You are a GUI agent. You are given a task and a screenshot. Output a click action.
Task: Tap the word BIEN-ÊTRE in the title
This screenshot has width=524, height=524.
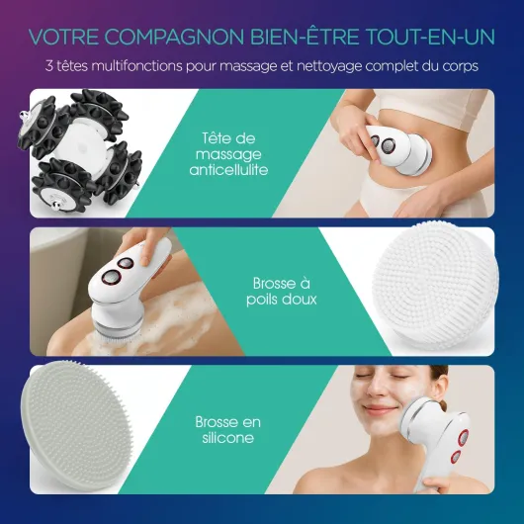pos(306,37)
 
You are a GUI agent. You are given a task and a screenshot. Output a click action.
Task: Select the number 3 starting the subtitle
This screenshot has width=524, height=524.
pos(49,66)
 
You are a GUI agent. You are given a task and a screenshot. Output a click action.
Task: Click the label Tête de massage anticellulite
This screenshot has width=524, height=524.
pos(229,154)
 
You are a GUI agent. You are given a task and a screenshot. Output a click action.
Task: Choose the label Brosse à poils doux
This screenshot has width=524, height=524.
pos(282,291)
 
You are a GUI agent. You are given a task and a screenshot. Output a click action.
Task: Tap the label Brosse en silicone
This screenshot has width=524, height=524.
pos(228,430)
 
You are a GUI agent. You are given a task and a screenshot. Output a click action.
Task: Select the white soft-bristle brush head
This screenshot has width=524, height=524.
pos(435,286)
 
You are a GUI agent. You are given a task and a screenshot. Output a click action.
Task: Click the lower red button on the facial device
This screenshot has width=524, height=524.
pos(456,456)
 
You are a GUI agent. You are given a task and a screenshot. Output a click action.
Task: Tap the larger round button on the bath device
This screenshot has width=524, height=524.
pos(111,277)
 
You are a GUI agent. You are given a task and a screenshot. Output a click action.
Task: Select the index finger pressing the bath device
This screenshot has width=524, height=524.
pos(145,253)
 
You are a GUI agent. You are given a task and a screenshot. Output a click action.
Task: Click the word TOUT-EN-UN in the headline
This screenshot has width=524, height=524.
pos(430,37)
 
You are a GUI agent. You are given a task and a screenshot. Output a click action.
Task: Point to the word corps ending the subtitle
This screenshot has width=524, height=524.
pos(461,67)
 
